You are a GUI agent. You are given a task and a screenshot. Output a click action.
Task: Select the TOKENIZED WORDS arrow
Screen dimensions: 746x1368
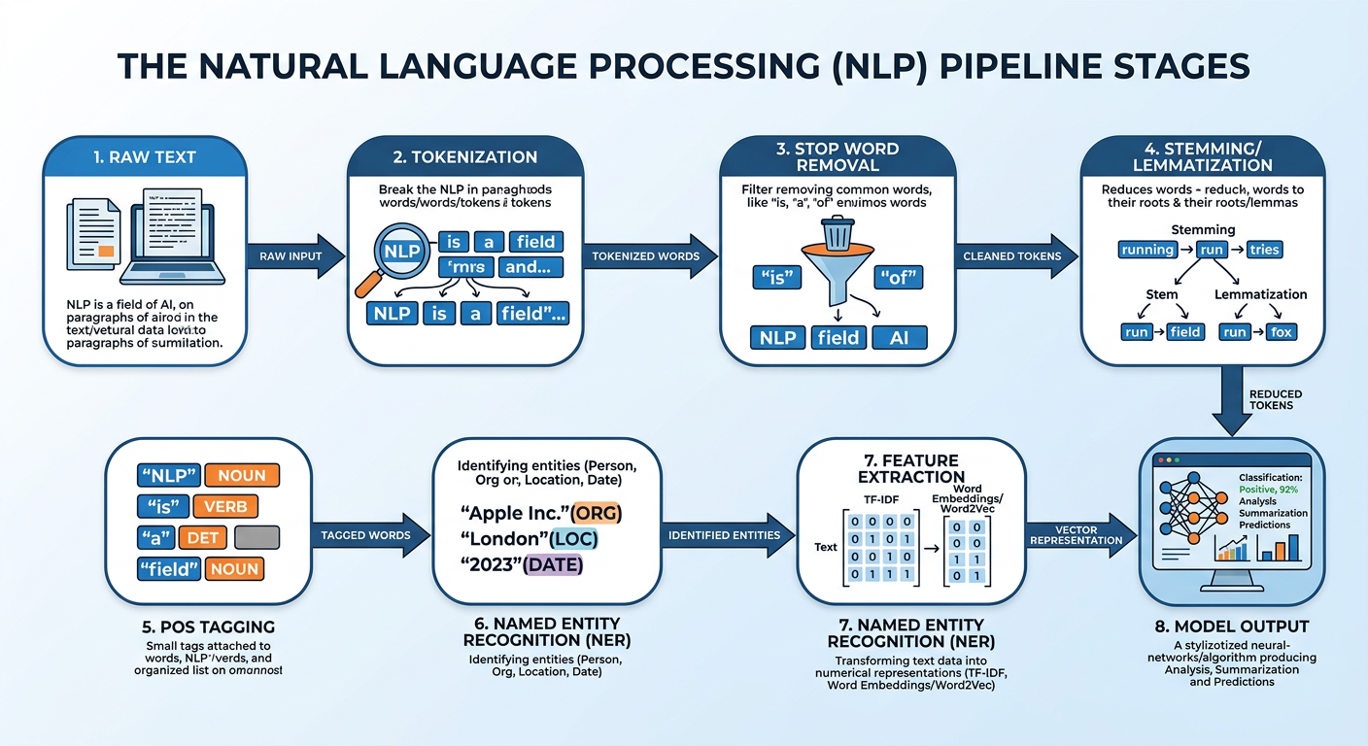pos(646,256)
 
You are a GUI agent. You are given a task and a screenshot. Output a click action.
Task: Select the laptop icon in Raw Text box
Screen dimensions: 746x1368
pos(172,233)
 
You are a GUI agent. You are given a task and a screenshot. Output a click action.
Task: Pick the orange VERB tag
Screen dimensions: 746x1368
pos(225,506)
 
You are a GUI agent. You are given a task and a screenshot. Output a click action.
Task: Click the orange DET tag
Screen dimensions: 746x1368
pos(202,537)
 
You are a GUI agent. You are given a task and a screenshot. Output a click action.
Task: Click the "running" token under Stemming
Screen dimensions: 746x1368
pos(1147,250)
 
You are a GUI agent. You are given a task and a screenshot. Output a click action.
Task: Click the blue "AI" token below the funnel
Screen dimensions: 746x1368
pos(900,337)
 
